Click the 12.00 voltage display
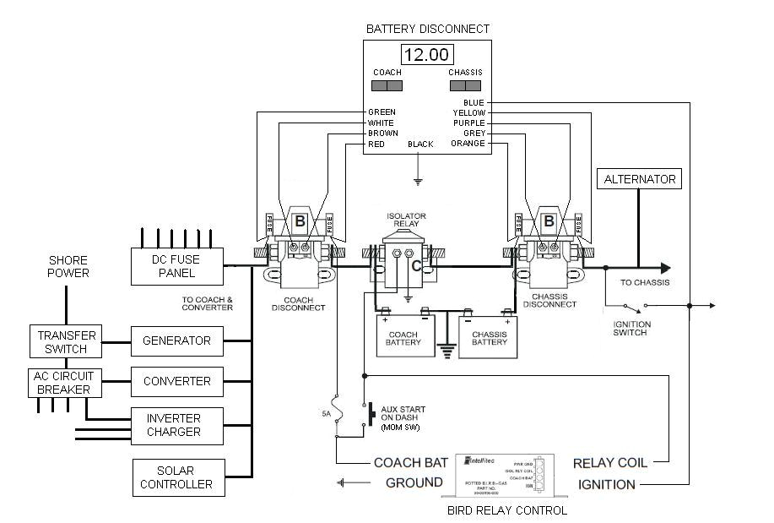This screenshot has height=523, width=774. (x=427, y=56)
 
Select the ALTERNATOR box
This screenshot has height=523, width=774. (x=640, y=179)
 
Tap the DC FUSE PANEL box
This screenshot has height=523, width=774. (x=176, y=266)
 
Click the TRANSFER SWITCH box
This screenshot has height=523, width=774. (x=67, y=341)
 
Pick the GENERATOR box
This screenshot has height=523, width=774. (x=176, y=340)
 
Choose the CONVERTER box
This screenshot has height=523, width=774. (x=176, y=381)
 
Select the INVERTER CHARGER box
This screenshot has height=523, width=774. (x=176, y=425)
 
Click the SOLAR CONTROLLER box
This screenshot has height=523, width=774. (x=178, y=477)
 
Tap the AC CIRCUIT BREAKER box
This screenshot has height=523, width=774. (x=65, y=382)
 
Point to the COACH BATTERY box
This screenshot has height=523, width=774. (x=403, y=335)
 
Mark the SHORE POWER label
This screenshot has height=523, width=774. (x=68, y=267)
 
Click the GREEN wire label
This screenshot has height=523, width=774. (x=382, y=112)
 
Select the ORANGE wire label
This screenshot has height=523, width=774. (x=468, y=144)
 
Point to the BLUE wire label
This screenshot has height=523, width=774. (x=474, y=103)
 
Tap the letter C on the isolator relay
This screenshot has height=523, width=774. (x=416, y=266)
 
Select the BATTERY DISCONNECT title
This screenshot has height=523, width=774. (x=427, y=29)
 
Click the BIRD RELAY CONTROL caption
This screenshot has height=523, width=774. (x=505, y=510)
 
